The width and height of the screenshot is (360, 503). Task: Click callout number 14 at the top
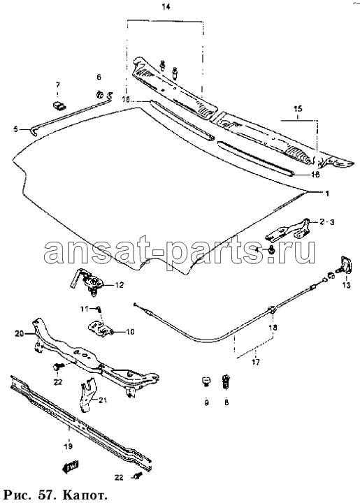click(166, 7)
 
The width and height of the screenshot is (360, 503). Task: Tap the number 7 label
click(58, 85)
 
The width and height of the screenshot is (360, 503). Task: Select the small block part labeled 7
click(59, 105)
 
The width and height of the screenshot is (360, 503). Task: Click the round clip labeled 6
click(99, 94)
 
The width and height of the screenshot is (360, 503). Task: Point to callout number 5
click(16, 129)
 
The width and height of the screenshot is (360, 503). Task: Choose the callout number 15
click(298, 109)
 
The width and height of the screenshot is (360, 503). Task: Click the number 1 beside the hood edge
click(327, 194)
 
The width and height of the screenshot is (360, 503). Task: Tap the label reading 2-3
click(326, 221)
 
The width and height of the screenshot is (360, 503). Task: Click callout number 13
click(346, 285)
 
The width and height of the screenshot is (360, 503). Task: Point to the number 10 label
click(130, 332)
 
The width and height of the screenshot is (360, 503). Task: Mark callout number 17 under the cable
click(255, 363)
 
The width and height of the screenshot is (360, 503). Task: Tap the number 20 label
click(20, 334)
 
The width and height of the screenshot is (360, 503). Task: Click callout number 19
click(68, 446)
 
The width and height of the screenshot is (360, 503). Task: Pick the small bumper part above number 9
click(206, 381)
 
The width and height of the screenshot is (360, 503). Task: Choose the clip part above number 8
click(226, 381)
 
